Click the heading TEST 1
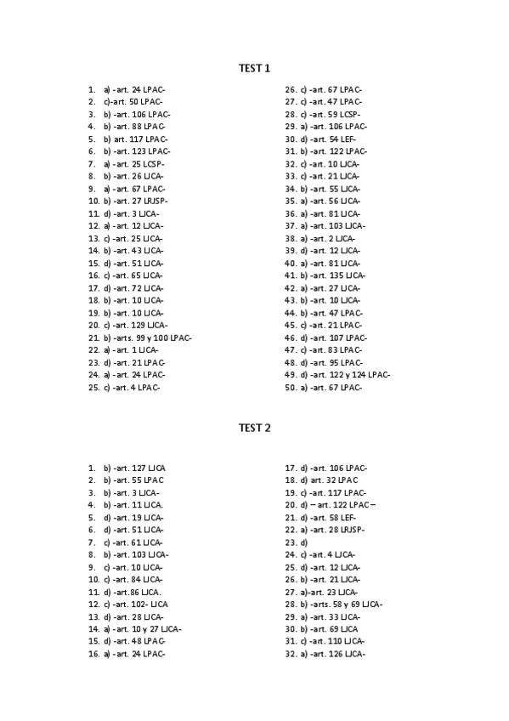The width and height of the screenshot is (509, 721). click(x=254, y=67)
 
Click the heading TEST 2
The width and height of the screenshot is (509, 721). click(x=254, y=428)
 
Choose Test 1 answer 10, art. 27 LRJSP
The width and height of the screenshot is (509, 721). click(x=136, y=201)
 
